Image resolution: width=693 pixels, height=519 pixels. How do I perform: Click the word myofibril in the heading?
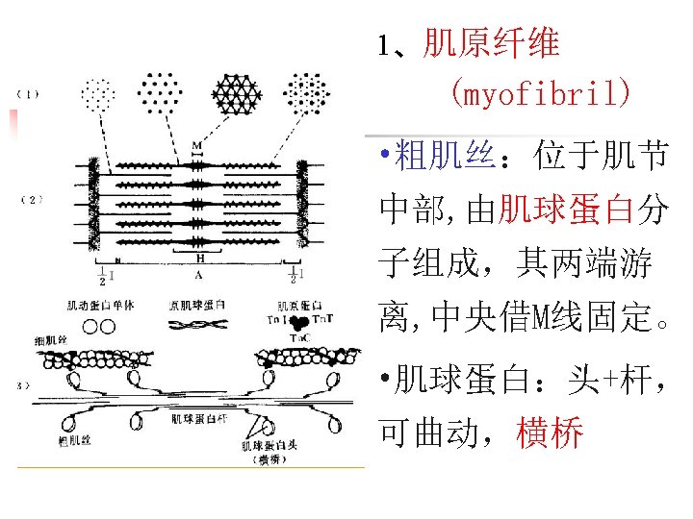[x=539, y=94]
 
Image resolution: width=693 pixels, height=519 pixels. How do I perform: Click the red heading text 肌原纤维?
[x=491, y=43]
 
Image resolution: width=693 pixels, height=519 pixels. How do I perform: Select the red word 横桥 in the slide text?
[x=551, y=434]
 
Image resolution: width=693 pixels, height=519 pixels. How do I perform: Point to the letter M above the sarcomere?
[x=196, y=146]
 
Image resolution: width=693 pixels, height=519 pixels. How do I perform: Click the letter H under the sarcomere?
[x=199, y=258]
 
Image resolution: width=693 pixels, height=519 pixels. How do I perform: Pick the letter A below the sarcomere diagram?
[x=197, y=275]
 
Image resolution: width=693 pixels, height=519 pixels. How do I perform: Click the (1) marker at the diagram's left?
[x=28, y=93]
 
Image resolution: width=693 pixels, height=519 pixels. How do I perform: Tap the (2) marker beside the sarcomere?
[x=31, y=199]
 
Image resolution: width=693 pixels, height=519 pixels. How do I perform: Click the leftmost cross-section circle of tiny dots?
[x=98, y=93]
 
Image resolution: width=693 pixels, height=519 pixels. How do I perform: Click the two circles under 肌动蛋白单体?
[x=98, y=327]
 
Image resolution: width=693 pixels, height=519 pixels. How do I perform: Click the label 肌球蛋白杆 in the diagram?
[x=200, y=418]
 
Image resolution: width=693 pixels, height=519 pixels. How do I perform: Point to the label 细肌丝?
[x=50, y=340]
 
